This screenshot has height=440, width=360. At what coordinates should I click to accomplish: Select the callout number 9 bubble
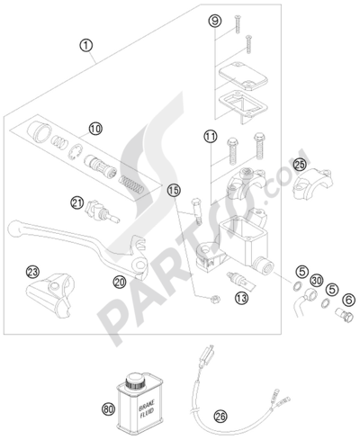[213, 21]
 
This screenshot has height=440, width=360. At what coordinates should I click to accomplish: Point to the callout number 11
[210, 137]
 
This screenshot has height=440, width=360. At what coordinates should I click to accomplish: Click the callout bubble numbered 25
[299, 164]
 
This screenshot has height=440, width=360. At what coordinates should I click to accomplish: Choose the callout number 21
[78, 202]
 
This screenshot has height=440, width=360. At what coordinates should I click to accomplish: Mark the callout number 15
[174, 190]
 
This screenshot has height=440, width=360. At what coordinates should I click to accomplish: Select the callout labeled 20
[119, 282]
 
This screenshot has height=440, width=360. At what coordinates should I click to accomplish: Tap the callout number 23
[32, 270]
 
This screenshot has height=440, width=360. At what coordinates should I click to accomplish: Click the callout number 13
[239, 296]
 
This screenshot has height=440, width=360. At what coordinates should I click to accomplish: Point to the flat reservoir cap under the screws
[238, 76]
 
